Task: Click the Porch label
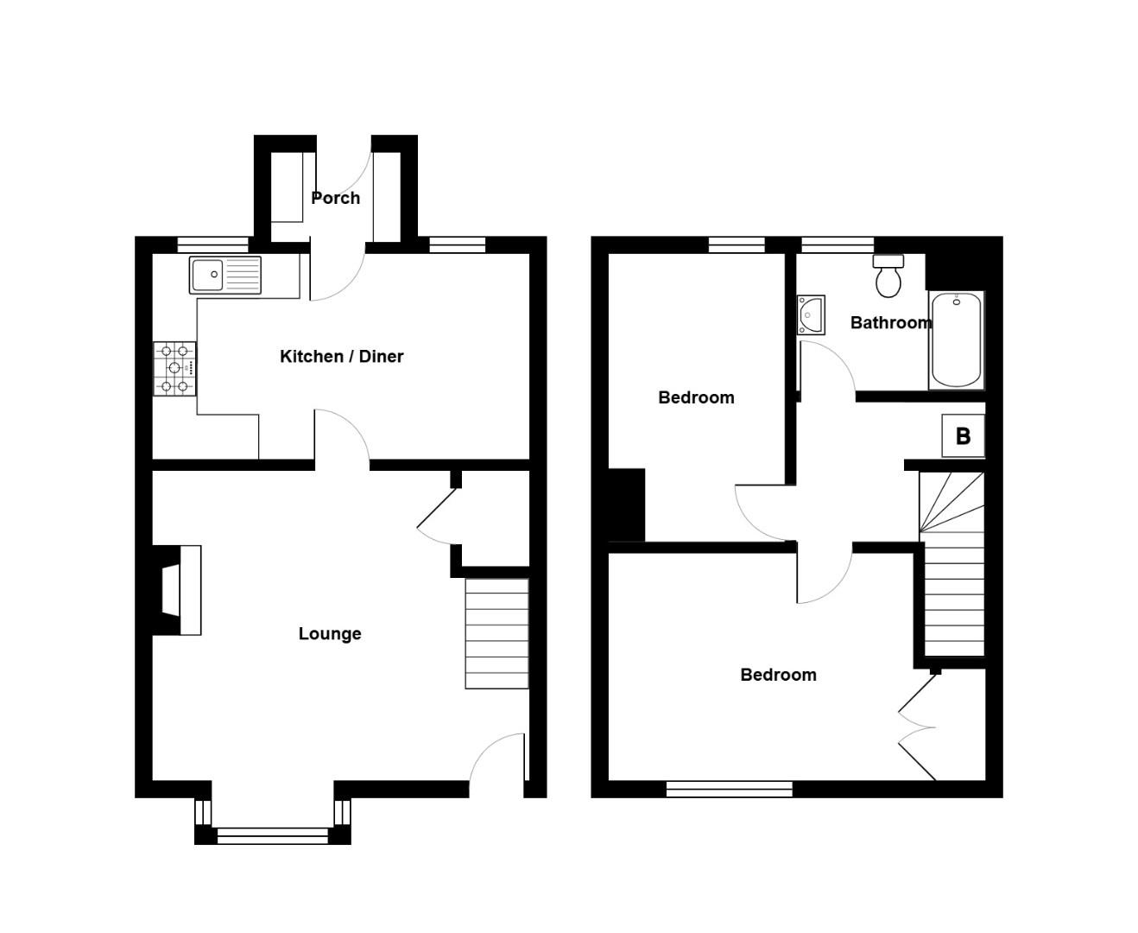[335, 198]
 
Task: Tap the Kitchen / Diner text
[341, 356]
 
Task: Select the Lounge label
[329, 634]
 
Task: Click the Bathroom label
[890, 323]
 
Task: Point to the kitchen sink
[224, 275]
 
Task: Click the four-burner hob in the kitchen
[175, 369]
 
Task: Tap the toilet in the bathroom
[888, 276]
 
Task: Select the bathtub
[956, 340]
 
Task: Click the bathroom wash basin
[811, 315]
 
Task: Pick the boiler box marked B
[963, 436]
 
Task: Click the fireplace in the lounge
[177, 590]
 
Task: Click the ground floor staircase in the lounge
[496, 633]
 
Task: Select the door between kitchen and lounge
[342, 437]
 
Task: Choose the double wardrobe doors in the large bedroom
[918, 727]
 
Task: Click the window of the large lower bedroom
[729, 788]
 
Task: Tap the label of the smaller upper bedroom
[696, 397]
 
